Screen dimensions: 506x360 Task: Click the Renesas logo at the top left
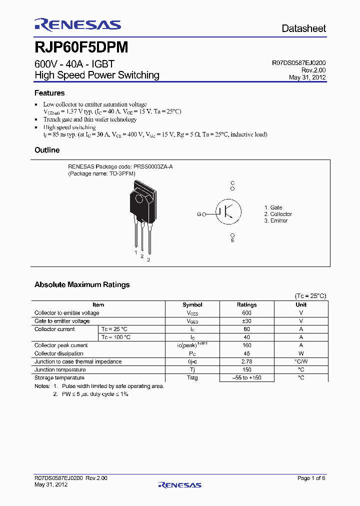coord(77,25)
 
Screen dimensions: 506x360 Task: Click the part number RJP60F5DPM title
coord(81,47)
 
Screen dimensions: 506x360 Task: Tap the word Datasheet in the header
coord(303,28)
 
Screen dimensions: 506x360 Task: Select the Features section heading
coord(49,93)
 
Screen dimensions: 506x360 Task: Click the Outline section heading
coord(47,150)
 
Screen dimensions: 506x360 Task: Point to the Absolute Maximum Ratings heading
coord(82,284)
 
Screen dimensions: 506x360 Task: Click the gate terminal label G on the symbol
coord(198,214)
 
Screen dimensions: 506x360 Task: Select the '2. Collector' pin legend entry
coord(278,214)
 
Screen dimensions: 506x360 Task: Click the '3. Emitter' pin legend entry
coord(276,220)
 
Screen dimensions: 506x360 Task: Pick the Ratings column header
coord(246,304)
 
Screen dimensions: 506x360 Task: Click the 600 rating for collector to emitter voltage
coord(246,313)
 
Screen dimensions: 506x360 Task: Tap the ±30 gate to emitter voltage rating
coord(246,321)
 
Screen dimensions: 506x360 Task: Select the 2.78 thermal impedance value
coord(246,361)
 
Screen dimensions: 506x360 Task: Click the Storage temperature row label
coord(59,378)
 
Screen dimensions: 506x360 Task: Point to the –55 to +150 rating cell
coord(246,378)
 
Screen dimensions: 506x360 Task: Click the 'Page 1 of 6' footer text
coord(311,478)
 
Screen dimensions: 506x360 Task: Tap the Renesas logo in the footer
coord(179,484)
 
